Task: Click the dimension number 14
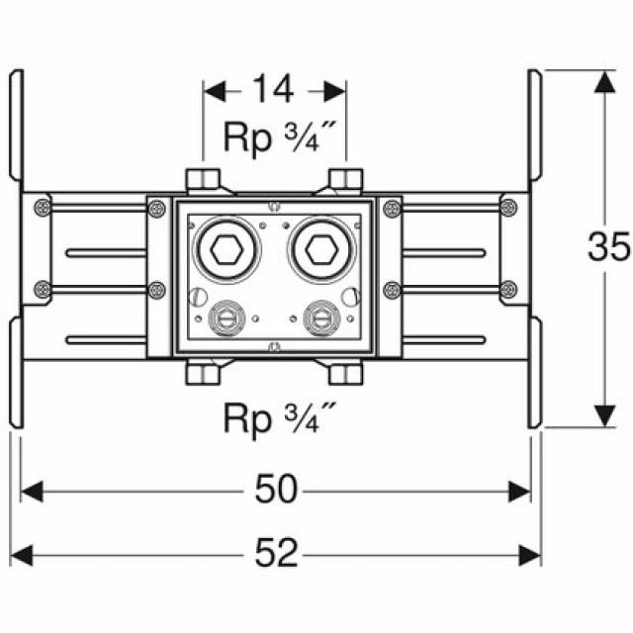[x=273, y=90]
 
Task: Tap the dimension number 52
[x=277, y=553]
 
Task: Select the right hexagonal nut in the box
[x=319, y=250]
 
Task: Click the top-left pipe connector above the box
[x=205, y=181]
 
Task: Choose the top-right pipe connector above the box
[x=345, y=181]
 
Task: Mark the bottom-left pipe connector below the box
[x=205, y=374]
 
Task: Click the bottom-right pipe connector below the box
[x=345, y=374]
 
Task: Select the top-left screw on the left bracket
[x=42, y=207]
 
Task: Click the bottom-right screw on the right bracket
[x=508, y=289]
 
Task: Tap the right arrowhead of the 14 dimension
[x=335, y=90]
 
